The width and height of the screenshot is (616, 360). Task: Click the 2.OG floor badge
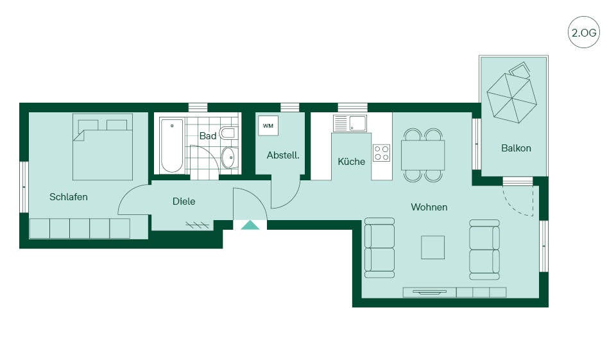[584, 32]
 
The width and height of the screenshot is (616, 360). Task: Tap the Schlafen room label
[69, 196]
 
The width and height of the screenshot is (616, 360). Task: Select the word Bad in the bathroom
[208, 136]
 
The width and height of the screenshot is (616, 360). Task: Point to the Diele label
[184, 201]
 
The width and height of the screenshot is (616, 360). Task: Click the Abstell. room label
[283, 155]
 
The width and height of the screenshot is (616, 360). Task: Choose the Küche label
[351, 161]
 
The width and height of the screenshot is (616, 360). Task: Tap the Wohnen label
[429, 207]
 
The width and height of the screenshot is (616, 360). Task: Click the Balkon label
[516, 148]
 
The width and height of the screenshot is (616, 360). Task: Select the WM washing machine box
[268, 126]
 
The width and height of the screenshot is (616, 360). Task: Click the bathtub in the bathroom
[172, 146]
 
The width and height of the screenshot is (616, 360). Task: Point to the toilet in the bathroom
[228, 133]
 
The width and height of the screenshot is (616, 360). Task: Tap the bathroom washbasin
[230, 157]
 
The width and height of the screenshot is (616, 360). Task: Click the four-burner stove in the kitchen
[381, 153]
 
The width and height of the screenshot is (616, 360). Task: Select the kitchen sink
[350, 123]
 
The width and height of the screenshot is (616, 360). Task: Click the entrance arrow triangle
[250, 225]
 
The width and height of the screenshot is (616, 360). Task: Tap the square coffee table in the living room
[433, 247]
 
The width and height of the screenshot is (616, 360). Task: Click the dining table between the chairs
[423, 155]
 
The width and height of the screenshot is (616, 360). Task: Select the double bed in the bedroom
[103, 147]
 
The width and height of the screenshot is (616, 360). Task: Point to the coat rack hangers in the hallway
[197, 225]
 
